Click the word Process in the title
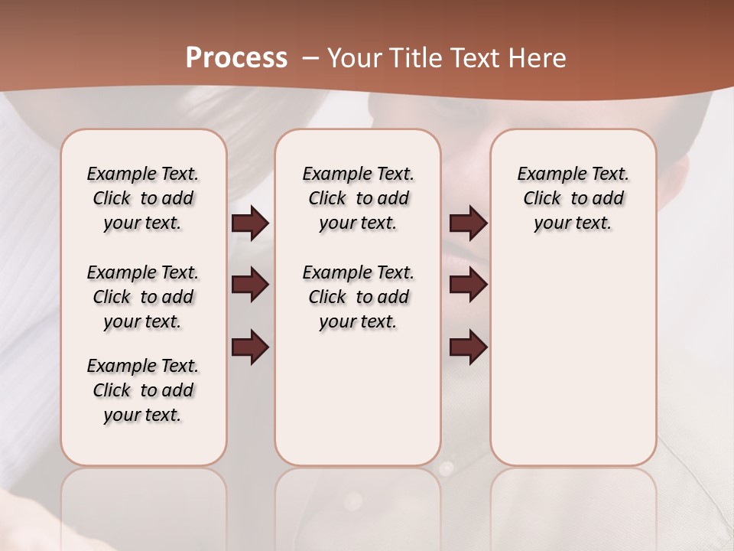(236, 57)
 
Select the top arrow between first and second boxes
(250, 223)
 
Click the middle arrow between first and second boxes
(250, 285)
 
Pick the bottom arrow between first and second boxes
(250, 347)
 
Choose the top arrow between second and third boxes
(468, 223)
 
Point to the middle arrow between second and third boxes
(468, 285)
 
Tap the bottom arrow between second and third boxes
(468, 347)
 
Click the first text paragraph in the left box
(143, 198)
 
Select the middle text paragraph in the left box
(143, 297)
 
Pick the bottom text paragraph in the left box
(143, 390)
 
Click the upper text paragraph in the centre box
(358, 198)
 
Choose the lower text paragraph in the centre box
(358, 297)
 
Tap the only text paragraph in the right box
(573, 198)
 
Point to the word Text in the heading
(474, 57)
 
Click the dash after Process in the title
(310, 57)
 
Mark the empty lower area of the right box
(573, 360)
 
